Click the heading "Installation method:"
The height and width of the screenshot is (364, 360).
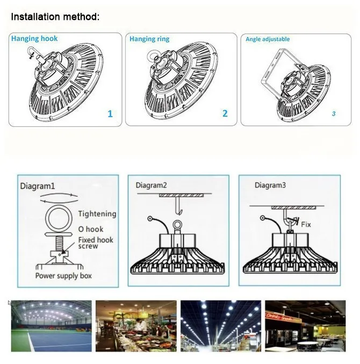tap(55, 17)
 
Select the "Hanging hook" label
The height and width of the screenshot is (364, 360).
tap(34, 39)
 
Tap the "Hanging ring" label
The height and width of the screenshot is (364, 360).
tap(149, 39)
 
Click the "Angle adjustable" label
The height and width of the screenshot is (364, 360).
tap(268, 39)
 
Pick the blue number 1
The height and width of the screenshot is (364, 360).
tap(110, 113)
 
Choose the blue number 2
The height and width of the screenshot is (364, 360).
tap(225, 113)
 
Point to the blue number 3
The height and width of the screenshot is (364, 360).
tap(334, 114)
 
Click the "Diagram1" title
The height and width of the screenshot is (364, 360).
tap(38, 187)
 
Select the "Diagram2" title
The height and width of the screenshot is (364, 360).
tap(151, 185)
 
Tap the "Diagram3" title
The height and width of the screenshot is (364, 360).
tap(270, 185)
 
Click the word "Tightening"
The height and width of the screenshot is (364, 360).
tap(97, 214)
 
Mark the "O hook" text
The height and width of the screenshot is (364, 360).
tap(91, 229)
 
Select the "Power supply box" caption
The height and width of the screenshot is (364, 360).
tap(63, 276)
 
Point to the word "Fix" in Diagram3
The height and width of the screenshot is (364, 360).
tap(306, 224)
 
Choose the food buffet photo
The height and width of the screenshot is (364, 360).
tap(135, 326)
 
